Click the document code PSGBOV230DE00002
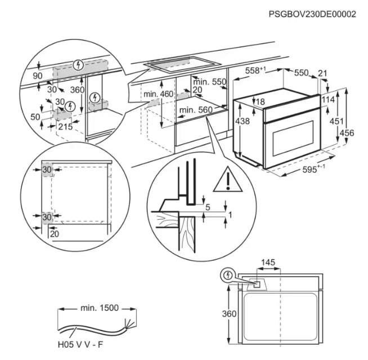pos(312,14)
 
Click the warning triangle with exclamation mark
pos(226,180)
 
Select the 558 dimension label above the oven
pos(256,71)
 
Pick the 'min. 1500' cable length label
pos(99,308)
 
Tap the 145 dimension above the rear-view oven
pos(268,263)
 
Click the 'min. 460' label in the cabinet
pos(158,94)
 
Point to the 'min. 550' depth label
pos(212,82)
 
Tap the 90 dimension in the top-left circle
pos(38,75)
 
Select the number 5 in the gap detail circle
pos(208,207)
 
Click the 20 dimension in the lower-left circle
pos(54,234)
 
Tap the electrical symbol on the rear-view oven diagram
pos(228,275)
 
